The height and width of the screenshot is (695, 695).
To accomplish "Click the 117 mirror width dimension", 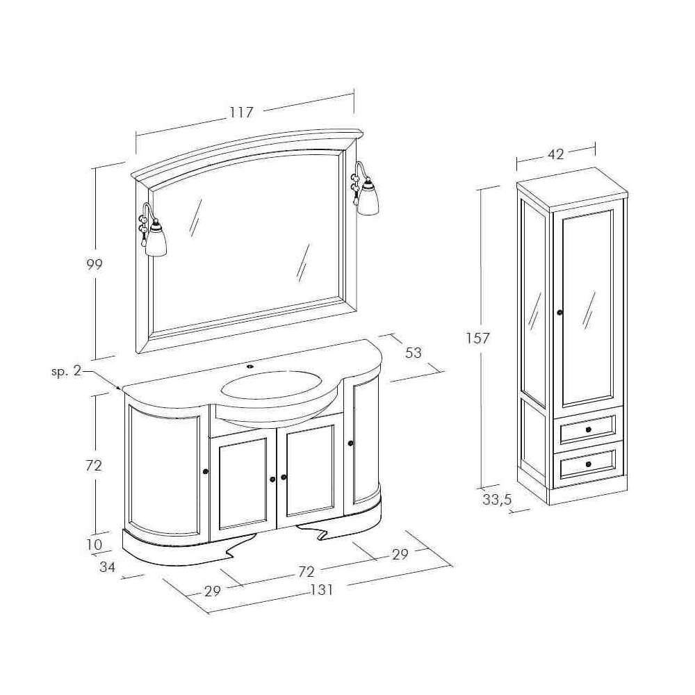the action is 242,112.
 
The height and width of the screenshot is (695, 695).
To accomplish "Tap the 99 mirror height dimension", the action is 94,264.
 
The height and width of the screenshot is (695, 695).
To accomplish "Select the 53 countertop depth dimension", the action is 413,353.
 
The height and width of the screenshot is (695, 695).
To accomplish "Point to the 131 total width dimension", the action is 322,590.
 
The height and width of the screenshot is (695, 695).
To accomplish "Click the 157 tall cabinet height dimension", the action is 477,338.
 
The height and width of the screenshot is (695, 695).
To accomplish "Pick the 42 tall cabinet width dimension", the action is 556,154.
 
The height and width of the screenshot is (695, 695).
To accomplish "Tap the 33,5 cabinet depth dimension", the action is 497,500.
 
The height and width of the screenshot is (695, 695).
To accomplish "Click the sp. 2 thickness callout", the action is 67,371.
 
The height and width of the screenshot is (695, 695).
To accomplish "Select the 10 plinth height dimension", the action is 94,544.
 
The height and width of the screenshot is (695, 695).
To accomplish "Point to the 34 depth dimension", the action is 108,567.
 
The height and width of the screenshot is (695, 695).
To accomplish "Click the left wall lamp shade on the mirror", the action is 156,240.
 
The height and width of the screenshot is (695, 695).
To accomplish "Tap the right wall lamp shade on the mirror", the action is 368,198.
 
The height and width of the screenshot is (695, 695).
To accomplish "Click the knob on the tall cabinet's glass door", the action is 559,313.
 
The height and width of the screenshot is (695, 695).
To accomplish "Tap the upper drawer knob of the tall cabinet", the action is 589,429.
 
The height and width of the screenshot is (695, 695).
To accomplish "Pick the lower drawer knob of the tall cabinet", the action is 588,464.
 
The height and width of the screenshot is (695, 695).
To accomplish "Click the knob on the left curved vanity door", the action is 205,471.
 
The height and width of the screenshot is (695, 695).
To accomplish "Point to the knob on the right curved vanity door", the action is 350,443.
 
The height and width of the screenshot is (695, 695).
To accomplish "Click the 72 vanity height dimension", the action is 94,466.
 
